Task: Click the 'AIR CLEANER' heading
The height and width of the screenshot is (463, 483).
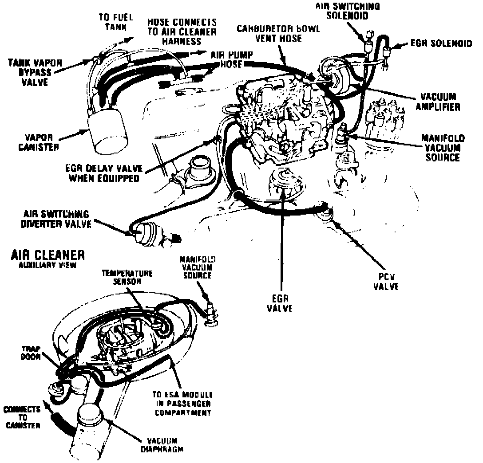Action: pyautogui.click(x=47, y=256)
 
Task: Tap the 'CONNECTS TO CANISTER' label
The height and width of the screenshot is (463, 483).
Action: pyautogui.click(x=22, y=417)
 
